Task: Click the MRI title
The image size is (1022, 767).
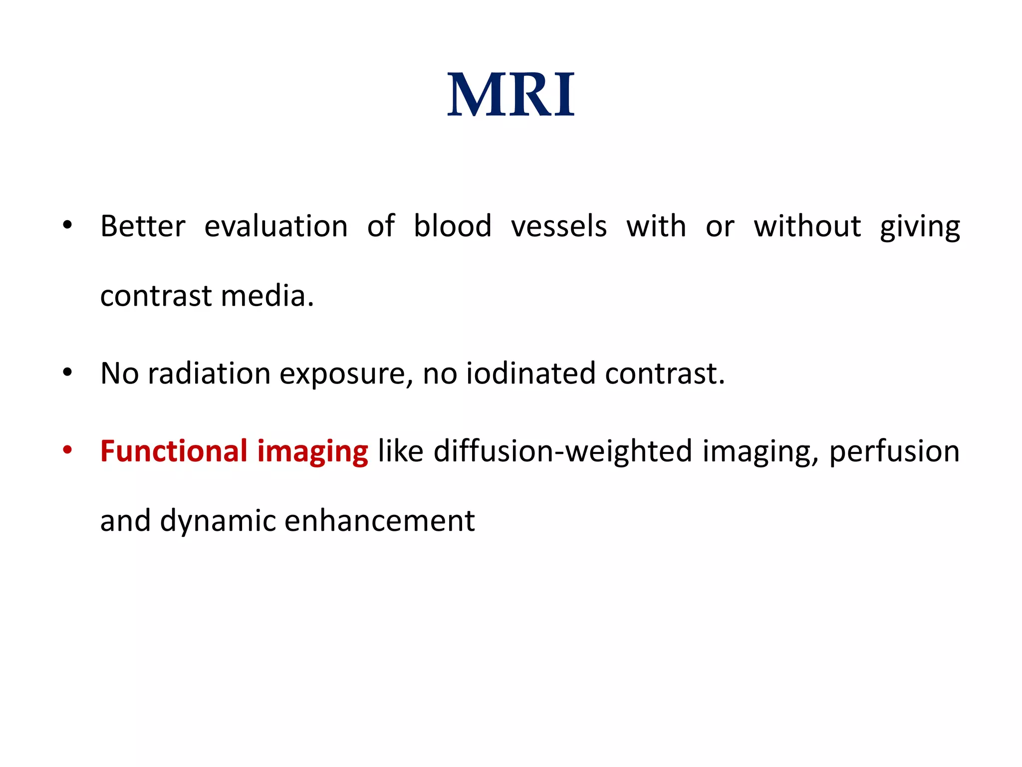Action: pos(511,95)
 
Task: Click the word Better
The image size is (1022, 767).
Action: pos(143,226)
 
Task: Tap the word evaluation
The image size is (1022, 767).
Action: pos(276,226)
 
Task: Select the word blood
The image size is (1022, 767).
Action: pos(452,226)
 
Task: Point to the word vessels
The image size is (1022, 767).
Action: pos(558,226)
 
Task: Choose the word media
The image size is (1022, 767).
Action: pos(267,296)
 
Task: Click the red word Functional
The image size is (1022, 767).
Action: pos(174,451)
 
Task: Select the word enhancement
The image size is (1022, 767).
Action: pos(379,521)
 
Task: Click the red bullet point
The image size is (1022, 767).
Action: pos(67,450)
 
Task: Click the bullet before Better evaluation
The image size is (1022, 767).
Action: pos(67,225)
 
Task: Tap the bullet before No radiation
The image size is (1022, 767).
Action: pos(67,372)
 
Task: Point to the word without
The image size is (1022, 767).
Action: pos(807,226)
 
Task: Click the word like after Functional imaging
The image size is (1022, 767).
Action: pos(400,451)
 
